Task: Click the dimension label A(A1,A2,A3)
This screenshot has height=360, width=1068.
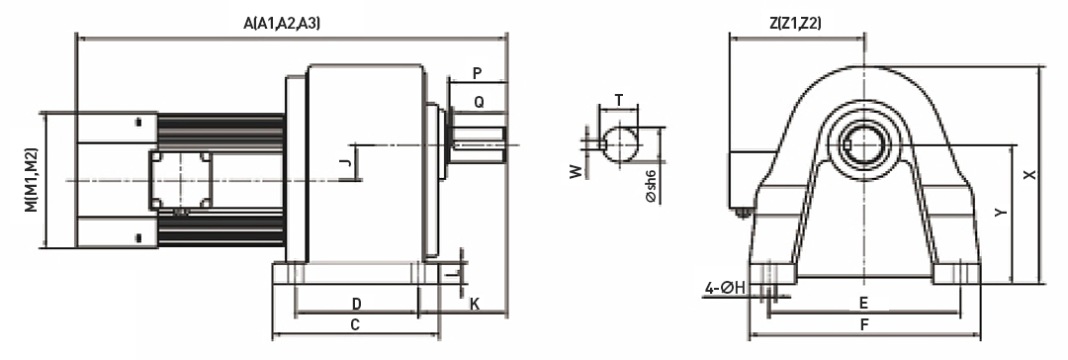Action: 281,23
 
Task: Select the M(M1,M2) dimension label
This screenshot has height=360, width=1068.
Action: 32,180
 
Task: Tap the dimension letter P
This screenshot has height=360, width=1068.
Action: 477,72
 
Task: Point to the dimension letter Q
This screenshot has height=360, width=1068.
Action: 479,102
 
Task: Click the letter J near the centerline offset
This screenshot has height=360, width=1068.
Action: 345,162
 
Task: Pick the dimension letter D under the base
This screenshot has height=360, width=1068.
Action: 356,303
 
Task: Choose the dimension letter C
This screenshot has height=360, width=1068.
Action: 355,324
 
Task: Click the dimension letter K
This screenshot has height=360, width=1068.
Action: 475,304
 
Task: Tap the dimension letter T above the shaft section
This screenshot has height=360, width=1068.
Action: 618,100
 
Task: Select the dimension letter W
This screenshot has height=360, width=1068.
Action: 578,171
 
